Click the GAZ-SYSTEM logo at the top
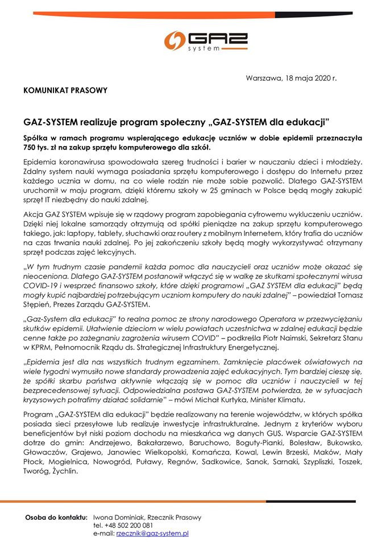point(193,42)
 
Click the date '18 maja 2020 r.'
point(309,78)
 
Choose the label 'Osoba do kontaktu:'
point(56,518)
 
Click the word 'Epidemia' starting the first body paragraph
point(41,162)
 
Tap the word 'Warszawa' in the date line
point(263,78)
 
